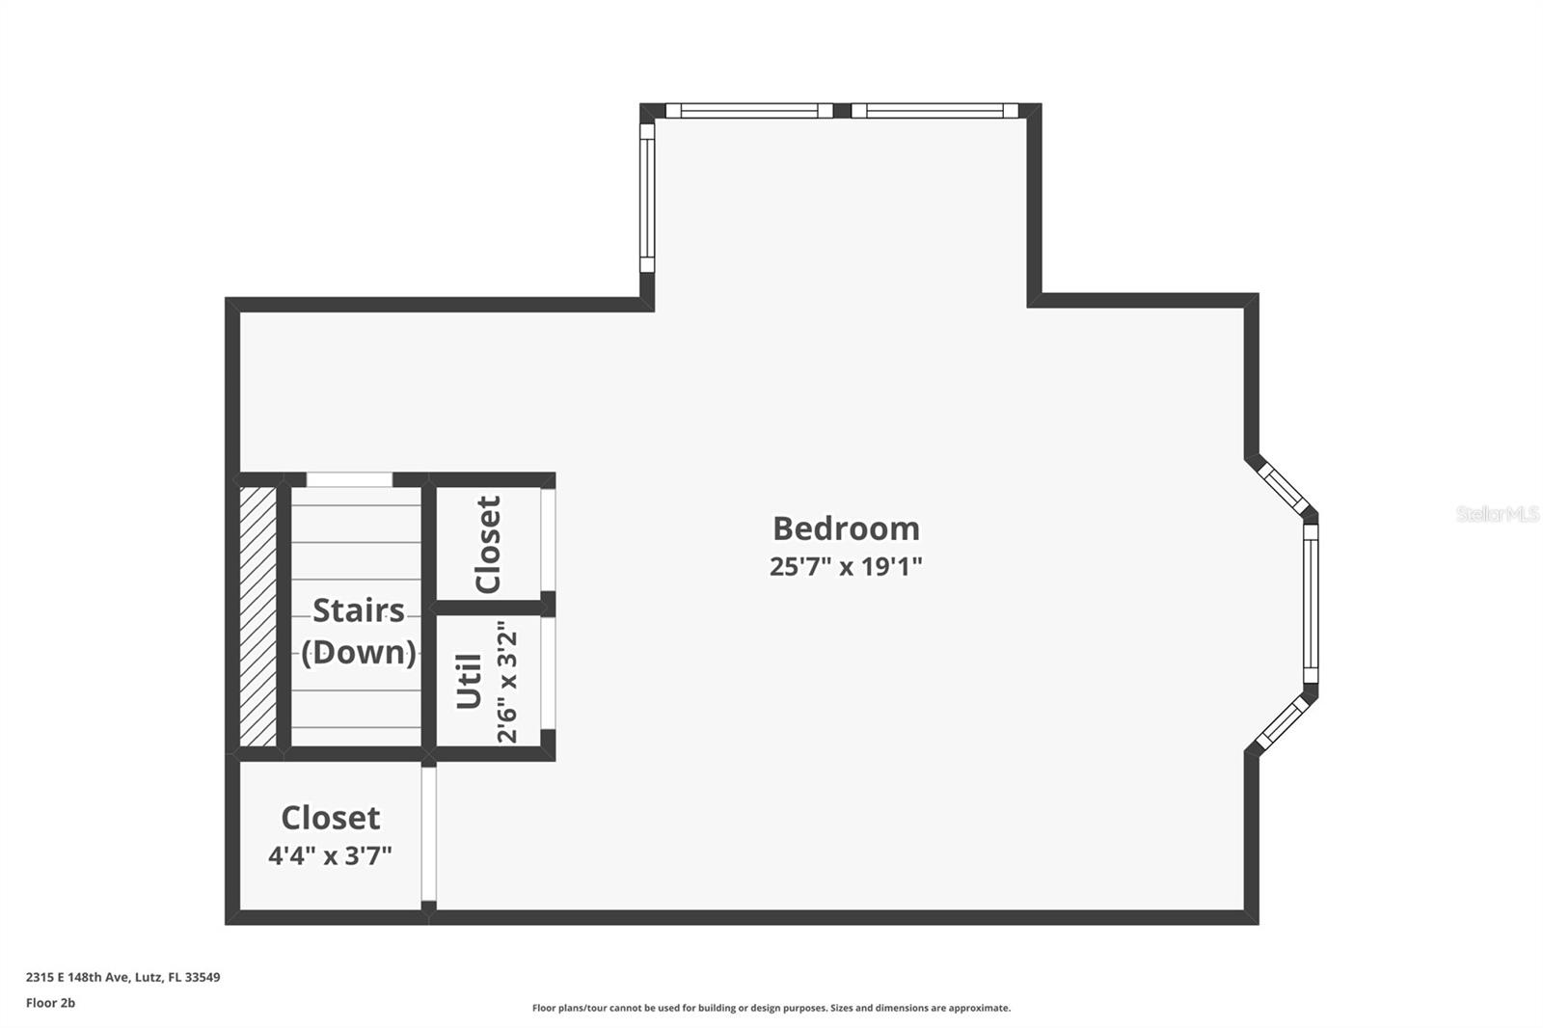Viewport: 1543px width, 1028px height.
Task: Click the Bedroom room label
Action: click(x=846, y=528)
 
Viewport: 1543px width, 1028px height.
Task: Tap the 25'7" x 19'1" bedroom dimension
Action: click(x=846, y=566)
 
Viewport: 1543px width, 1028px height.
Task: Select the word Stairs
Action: click(x=358, y=610)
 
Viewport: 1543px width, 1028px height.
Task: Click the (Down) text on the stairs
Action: click(x=358, y=652)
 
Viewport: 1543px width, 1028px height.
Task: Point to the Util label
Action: click(x=469, y=681)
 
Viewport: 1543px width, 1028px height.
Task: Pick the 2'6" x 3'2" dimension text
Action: click(x=507, y=681)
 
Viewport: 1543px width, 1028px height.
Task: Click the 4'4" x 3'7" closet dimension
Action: click(x=330, y=855)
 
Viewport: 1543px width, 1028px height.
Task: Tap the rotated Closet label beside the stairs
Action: click(x=488, y=544)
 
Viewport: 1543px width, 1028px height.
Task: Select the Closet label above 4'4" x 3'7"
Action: click(x=330, y=818)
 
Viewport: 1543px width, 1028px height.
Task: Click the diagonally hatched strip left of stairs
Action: click(x=257, y=616)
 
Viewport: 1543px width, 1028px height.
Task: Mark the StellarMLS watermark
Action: click(x=1497, y=514)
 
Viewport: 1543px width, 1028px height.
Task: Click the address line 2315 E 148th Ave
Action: click(x=122, y=977)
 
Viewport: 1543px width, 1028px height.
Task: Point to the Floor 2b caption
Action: click(x=50, y=1003)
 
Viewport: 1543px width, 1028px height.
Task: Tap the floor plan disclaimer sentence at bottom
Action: click(x=771, y=1008)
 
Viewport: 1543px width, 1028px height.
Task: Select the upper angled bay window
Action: click(x=1283, y=489)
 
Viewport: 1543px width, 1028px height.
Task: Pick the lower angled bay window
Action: click(x=1284, y=723)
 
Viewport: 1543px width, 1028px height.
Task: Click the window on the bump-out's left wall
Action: click(x=647, y=198)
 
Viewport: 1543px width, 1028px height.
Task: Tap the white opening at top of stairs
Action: click(x=349, y=479)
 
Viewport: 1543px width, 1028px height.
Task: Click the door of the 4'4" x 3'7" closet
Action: click(x=429, y=833)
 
